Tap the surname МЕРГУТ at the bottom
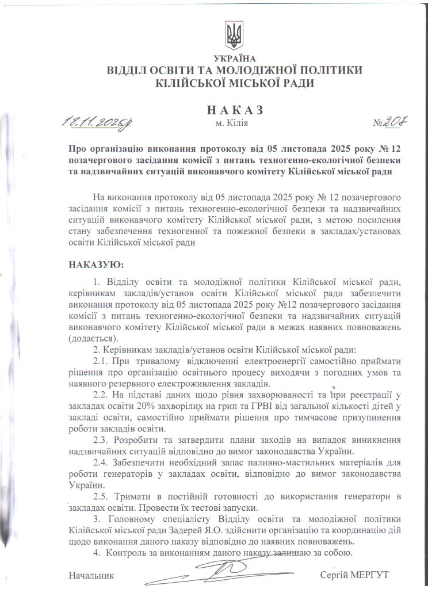(369, 575)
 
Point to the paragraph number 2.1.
(102, 361)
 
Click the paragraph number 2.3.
(102, 441)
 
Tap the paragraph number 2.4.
(102, 463)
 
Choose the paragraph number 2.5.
(102, 496)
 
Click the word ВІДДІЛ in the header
(127, 71)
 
